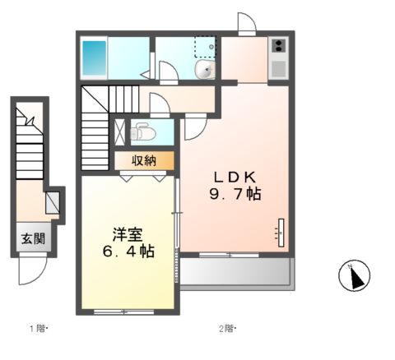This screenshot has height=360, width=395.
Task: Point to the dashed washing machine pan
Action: pos(205,48)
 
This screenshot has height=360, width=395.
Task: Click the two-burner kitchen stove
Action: pos(279,47)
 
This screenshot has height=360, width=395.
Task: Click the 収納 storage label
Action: pos(144,160)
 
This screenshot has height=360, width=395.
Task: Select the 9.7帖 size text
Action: pos(237,195)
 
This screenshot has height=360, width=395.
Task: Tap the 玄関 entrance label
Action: pos(33,240)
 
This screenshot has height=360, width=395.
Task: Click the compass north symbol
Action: pos(355,276)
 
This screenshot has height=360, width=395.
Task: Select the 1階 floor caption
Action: pos(39,330)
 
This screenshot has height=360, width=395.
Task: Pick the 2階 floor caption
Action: pos(226,330)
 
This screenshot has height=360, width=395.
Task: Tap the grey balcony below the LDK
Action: pos(235,272)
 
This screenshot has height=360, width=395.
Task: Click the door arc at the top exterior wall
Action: pos(246,22)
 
